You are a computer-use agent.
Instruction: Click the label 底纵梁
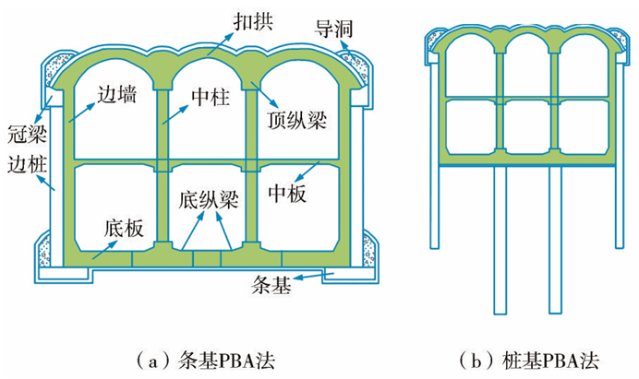coord(202,198)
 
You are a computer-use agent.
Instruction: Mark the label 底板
coord(123,228)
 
